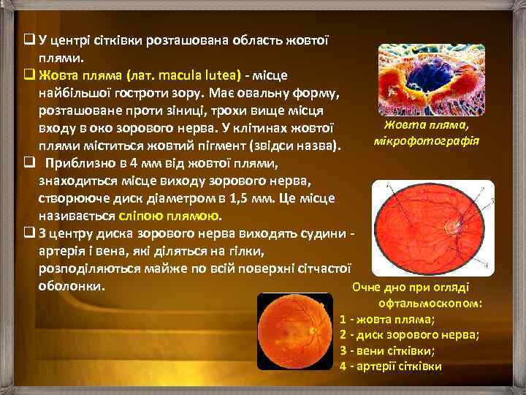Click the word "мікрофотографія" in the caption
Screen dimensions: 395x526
pos(426,140)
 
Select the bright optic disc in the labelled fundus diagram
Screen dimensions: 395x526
pos(460,219)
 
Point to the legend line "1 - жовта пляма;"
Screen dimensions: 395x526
pos(387,319)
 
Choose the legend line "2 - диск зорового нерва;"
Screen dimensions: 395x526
pos(409,334)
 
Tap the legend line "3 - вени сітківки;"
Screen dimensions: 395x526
pos(392,350)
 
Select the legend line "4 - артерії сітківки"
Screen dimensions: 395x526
pos(392,365)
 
